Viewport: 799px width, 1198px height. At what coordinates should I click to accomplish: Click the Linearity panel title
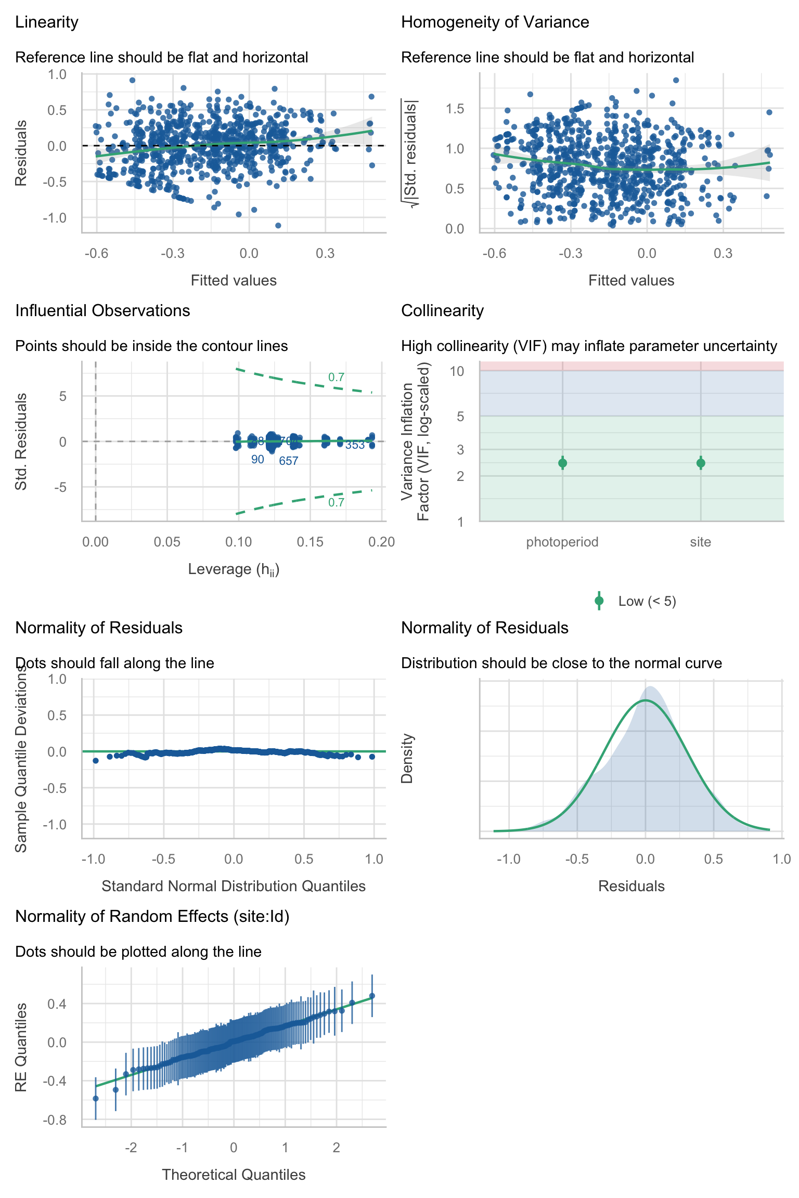47,22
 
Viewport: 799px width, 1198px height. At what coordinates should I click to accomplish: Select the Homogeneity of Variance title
495,22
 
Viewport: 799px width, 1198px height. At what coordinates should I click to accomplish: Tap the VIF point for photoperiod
562,463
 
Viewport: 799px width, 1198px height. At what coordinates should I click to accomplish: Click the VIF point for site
701,463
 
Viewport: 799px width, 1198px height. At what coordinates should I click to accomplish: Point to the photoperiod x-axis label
562,542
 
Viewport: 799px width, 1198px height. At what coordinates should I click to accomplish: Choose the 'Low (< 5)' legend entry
647,601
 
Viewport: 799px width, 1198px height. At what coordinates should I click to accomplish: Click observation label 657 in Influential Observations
288,461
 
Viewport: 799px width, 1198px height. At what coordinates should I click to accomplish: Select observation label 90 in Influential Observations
257,459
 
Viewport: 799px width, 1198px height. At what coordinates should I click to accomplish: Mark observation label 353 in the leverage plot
355,445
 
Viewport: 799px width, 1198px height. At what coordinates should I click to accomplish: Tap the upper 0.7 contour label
336,377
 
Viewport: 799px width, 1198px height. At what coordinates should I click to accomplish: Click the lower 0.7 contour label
336,502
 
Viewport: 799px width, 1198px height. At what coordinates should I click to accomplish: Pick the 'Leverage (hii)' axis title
234,569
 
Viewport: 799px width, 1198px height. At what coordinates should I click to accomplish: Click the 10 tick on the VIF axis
457,371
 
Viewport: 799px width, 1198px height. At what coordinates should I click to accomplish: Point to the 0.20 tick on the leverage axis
381,542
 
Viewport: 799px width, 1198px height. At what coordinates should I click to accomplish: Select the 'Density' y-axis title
407,758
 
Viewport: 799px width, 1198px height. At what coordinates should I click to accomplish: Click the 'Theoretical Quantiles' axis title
234,1175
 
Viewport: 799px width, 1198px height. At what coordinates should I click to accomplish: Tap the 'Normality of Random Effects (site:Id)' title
152,916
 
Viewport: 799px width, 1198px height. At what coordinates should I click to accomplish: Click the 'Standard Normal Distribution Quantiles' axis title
234,886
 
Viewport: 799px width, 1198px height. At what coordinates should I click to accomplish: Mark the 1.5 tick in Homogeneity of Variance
455,109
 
